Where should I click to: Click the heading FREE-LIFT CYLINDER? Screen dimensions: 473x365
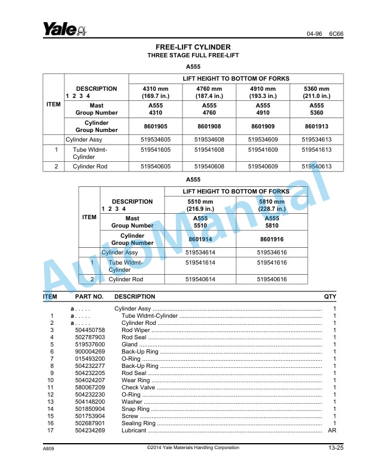(193, 47)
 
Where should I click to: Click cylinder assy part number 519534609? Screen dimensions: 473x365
(263, 139)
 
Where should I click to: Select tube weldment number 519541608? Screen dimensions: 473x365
(209, 149)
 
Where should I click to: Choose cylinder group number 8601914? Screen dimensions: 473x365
(200, 239)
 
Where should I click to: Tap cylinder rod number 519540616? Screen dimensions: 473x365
(271, 279)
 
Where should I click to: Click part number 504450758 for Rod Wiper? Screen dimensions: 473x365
(90, 330)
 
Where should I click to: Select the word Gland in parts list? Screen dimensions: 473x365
(129, 345)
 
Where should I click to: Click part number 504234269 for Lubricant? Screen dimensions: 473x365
(90, 431)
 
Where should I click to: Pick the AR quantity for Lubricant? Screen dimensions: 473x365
(332, 431)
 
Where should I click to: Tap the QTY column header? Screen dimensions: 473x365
(330, 296)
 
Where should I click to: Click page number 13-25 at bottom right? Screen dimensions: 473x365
(335, 448)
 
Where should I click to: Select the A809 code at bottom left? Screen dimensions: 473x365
(49, 449)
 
